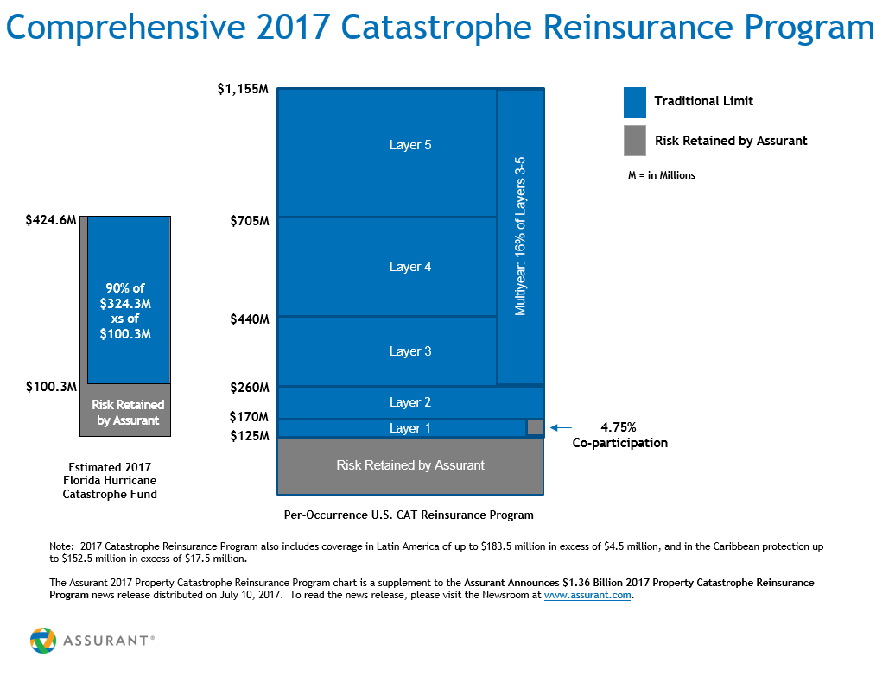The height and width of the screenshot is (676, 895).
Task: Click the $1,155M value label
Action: click(244, 89)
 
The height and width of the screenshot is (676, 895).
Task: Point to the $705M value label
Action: click(250, 221)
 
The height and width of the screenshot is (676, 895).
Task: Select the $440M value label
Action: click(250, 319)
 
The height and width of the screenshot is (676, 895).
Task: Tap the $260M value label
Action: click(250, 388)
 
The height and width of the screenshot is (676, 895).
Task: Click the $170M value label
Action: click(250, 417)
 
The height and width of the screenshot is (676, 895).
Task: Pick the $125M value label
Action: click(250, 436)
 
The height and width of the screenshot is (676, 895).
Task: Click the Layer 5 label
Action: click(410, 145)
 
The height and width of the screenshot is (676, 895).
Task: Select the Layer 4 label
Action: click(410, 267)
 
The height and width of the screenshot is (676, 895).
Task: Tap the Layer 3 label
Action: click(410, 351)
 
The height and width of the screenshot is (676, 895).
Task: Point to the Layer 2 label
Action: click(410, 402)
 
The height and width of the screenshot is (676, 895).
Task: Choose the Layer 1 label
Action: click(410, 428)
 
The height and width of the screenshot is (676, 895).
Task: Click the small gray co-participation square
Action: click(535, 427)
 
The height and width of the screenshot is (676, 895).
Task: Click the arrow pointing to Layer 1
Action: click(561, 427)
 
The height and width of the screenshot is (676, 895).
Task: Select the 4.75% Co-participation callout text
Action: click(619, 435)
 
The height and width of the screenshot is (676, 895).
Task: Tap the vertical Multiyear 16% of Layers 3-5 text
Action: click(521, 236)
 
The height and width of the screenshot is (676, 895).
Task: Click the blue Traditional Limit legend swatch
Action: click(635, 102)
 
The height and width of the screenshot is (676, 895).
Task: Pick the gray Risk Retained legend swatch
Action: click(635, 141)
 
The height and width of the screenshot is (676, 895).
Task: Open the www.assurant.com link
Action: click(587, 596)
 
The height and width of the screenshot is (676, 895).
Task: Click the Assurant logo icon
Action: click(43, 641)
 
